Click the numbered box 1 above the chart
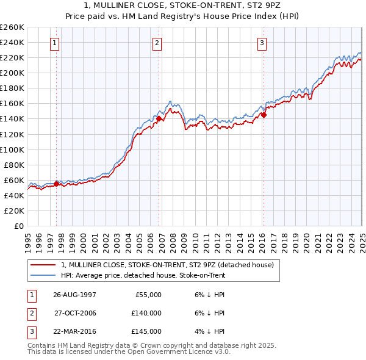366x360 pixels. click(x=55, y=43)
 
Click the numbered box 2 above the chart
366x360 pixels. click(x=157, y=43)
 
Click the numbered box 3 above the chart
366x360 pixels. click(x=262, y=43)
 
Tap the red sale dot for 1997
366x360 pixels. click(x=57, y=183)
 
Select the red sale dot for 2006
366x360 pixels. click(x=159, y=118)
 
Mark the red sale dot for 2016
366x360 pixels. click(x=264, y=114)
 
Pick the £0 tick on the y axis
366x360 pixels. click(x=20, y=226)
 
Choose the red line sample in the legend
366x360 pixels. click(x=43, y=265)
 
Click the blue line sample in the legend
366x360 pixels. click(x=43, y=275)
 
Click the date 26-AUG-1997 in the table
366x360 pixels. click(x=74, y=295)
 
